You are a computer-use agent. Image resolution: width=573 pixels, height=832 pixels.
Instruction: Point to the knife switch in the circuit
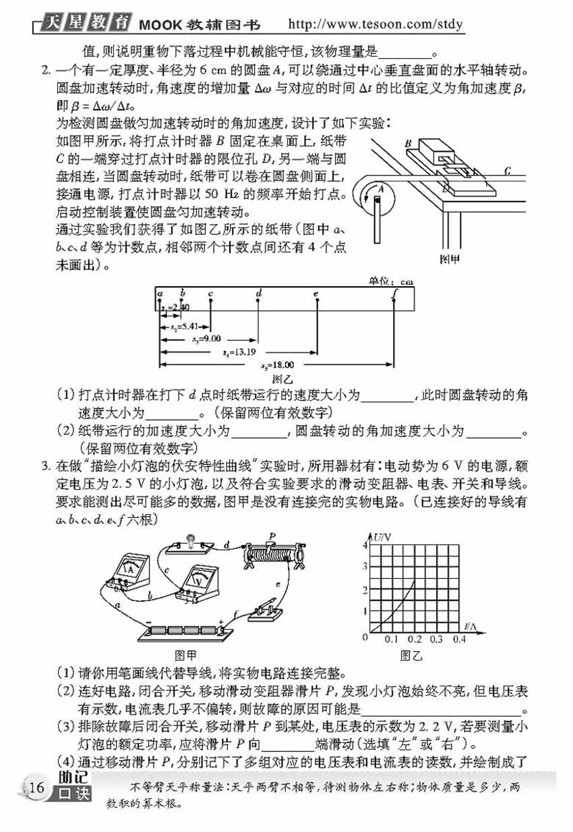coord(264,611)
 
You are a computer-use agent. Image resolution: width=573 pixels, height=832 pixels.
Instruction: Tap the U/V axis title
coord(382,536)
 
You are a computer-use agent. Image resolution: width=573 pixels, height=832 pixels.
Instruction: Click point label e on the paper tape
coord(315,293)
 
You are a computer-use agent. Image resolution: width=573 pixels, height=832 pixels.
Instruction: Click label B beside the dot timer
coord(409,143)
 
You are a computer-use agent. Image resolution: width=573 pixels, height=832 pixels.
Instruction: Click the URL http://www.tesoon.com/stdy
coord(375,25)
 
